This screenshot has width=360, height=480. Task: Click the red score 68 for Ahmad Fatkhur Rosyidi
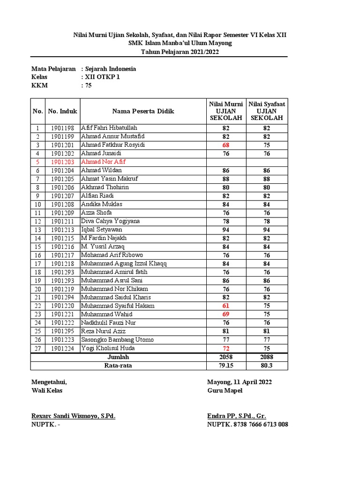click(226, 145)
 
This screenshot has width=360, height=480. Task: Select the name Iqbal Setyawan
click(102, 230)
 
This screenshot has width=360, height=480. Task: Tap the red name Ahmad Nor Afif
click(103, 162)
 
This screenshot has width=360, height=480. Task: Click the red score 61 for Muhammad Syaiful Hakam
click(226, 306)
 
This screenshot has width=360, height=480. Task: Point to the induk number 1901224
click(62, 348)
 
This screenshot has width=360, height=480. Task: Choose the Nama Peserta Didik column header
click(143, 111)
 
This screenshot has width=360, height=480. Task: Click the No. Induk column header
click(62, 111)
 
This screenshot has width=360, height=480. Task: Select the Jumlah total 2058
click(226, 357)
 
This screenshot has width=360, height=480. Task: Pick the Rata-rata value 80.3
click(267, 366)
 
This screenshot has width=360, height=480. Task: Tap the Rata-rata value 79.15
click(226, 366)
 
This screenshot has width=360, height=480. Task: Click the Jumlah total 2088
click(267, 357)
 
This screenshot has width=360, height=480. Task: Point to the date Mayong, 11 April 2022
click(239, 382)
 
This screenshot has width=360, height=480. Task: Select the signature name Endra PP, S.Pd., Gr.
click(236, 416)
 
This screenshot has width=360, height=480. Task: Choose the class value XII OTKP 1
click(102, 77)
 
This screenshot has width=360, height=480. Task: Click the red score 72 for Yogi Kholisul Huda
click(226, 348)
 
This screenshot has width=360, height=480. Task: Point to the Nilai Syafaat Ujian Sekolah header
click(267, 111)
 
